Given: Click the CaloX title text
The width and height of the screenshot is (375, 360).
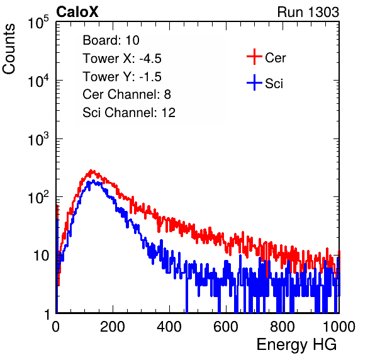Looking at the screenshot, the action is pos(77,12).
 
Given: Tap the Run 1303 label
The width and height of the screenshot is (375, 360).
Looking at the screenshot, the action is pos(308,12).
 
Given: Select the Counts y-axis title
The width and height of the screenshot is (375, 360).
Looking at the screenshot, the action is pos(9,49).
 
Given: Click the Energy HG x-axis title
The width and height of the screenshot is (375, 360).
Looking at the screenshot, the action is pos(296,344).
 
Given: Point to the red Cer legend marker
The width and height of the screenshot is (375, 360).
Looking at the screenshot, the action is pos(254,57).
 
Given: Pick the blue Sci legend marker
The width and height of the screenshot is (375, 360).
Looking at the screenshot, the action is pos(254,82).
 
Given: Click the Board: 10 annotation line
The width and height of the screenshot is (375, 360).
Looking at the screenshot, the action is pos(111,40).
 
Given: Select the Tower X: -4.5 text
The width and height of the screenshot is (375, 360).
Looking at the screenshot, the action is pos(122,59).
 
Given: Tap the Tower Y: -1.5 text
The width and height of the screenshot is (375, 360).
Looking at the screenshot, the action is pos(122,77).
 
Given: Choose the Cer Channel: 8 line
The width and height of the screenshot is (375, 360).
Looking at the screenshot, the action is pos(126,94).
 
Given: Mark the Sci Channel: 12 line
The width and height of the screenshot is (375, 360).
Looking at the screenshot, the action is pos(129,113).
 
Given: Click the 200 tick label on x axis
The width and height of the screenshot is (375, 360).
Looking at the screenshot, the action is pos(113,327).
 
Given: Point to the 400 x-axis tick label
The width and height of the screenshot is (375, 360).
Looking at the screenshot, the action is pos(169,327).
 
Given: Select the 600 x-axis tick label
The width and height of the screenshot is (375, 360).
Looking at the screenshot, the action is pos(226,327).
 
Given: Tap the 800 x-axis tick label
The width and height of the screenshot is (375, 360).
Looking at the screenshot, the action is pos(283,327).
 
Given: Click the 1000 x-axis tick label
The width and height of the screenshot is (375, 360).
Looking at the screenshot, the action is pos(339,327).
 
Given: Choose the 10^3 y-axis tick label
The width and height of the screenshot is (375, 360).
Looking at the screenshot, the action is pos(38,139).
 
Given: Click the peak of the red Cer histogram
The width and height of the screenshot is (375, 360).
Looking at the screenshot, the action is pos(91,171).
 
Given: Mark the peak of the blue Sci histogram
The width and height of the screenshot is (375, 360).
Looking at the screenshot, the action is pos(93,181).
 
